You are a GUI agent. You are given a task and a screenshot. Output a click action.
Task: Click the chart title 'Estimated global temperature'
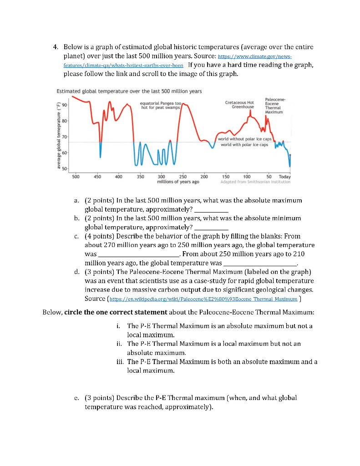129,91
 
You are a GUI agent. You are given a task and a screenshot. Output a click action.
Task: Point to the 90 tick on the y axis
65,105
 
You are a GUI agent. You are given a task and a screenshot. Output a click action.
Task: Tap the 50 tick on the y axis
65,169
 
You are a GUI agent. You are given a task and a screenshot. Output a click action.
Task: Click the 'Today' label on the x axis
284,176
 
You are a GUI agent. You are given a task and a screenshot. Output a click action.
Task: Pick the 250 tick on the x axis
183,176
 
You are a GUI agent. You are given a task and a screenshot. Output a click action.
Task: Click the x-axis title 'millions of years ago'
178,182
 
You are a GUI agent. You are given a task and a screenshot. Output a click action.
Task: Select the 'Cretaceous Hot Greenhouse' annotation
239,105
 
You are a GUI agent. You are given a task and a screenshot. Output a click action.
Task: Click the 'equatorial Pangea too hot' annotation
161,106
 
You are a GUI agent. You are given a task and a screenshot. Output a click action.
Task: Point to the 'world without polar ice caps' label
245,139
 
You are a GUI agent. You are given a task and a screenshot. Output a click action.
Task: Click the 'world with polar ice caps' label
244,145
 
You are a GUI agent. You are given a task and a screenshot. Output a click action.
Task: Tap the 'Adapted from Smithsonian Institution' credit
255,182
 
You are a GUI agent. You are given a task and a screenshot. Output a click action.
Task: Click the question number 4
55,47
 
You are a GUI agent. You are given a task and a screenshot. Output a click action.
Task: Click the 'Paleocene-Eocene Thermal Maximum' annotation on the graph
274,106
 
